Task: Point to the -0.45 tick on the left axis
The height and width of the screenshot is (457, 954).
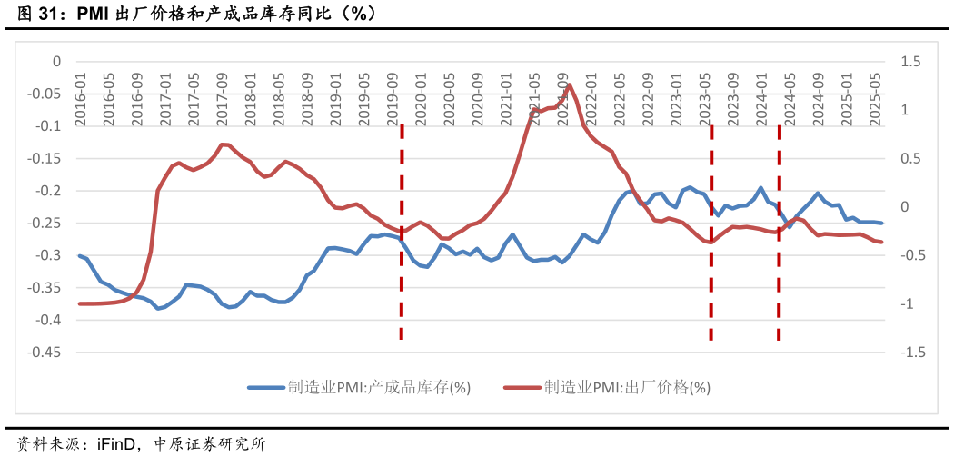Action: [x=44, y=353]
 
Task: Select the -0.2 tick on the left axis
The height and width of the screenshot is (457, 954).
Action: [x=47, y=191]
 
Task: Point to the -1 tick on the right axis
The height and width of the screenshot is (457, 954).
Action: [x=909, y=304]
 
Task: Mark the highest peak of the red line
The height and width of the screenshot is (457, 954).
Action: [x=569, y=84]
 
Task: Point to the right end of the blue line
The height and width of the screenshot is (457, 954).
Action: [x=881, y=223]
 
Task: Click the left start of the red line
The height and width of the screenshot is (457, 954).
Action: [x=80, y=303]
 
